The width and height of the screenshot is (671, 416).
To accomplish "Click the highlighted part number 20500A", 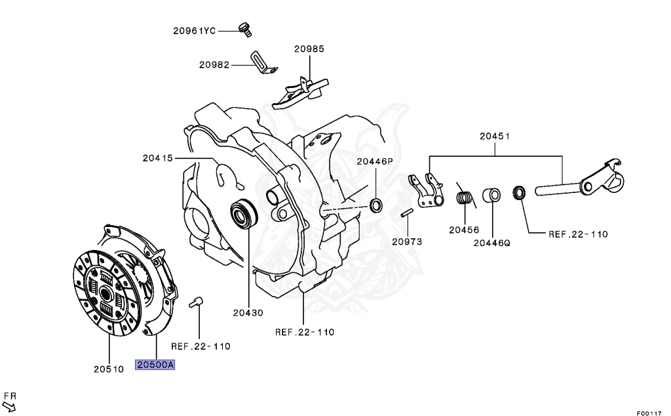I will pyautogui.click(x=155, y=365).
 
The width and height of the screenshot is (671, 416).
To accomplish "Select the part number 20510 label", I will pyautogui.click(x=108, y=369).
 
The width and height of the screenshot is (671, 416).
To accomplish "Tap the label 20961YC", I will pyautogui.click(x=195, y=30).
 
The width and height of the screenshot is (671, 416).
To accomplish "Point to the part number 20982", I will pyautogui.click(x=214, y=64).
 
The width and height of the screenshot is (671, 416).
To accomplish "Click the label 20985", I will pyautogui.click(x=309, y=49).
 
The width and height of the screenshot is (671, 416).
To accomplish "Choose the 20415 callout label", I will pyautogui.click(x=157, y=158).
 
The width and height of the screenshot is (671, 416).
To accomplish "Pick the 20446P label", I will pyautogui.click(x=375, y=161).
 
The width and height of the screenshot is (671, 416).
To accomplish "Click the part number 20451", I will pyautogui.click(x=495, y=136).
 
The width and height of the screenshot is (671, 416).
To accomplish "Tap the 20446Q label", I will pyautogui.click(x=492, y=242).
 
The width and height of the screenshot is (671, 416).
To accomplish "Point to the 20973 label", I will pyautogui.click(x=407, y=241).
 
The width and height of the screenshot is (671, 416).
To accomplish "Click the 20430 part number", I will pyautogui.click(x=248, y=312).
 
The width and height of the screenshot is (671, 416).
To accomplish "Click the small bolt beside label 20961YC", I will pyautogui.click(x=246, y=28).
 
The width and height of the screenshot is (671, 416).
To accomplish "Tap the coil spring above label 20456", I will pyautogui.click(x=465, y=198).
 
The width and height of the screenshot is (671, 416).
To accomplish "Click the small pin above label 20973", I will pyautogui.click(x=406, y=215).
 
